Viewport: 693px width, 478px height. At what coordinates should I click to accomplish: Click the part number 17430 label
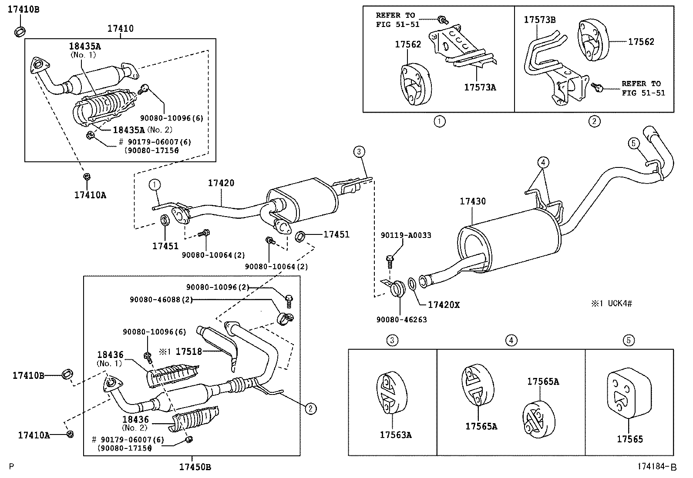coord(473,201)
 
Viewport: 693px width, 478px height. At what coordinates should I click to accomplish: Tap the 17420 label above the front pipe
coord(221,183)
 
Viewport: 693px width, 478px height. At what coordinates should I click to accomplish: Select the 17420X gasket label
coord(444,305)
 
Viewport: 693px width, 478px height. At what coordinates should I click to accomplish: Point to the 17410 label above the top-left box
coord(121,29)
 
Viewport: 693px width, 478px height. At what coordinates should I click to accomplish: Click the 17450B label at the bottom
coord(195,468)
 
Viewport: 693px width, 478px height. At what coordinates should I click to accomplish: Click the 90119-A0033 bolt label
coord(406,235)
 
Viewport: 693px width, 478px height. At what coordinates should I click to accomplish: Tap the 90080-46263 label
coord(401,320)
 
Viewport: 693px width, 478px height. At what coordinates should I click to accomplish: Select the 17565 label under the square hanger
coord(629,439)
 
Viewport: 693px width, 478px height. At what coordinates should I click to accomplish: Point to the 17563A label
coord(395,435)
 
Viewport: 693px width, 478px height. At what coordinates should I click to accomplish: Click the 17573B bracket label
coord(540,20)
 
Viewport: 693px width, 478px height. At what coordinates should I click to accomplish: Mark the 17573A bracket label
coord(480,87)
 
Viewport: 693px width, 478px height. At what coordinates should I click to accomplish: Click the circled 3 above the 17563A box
coord(392,340)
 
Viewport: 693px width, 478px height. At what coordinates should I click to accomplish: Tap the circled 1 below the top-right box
coord(440,121)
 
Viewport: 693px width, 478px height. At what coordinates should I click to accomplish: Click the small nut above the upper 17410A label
coord(86,176)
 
